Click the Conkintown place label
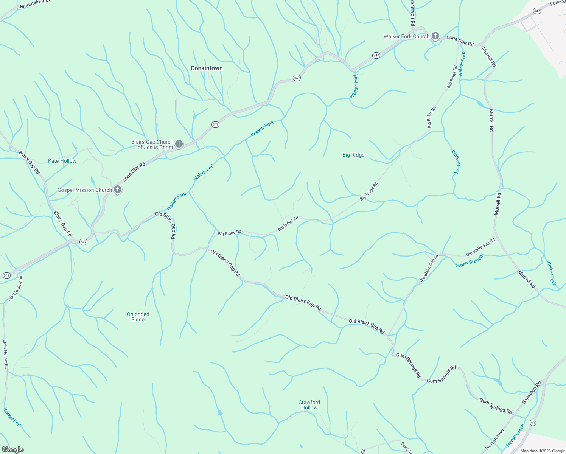tap(207, 68)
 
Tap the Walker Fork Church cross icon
tap(435, 36)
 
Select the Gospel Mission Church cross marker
tap(118, 190)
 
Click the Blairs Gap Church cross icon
tap(179, 144)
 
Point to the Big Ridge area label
tap(353, 155)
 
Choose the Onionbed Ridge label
tap(138, 317)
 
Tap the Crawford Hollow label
tap(309, 405)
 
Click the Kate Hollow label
tap(62, 161)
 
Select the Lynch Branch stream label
tap(469, 261)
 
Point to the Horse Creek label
tap(515, 435)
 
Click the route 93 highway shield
tap(533, 422)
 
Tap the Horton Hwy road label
tap(495, 439)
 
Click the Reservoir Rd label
tap(413, 13)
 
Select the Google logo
tap(12, 449)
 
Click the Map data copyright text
tap(543, 451)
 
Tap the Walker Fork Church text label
tap(406, 37)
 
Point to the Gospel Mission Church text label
tap(85, 190)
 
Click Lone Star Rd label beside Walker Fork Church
tap(460, 41)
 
